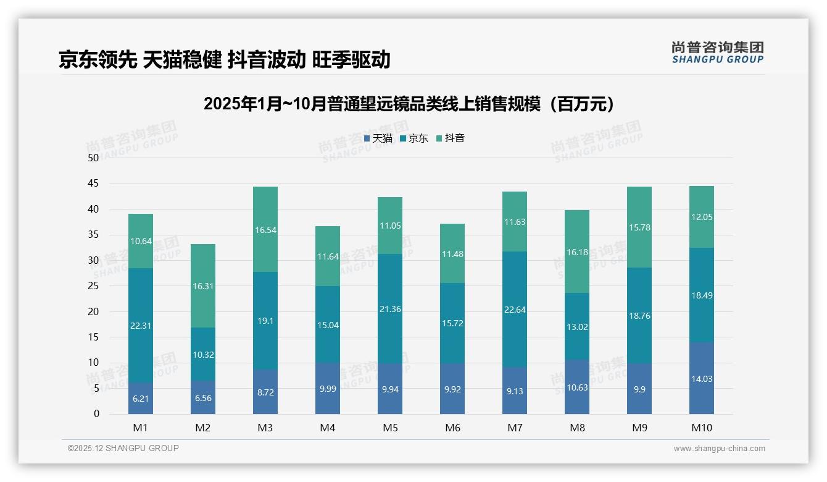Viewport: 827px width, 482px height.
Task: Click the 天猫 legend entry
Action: pos(378,138)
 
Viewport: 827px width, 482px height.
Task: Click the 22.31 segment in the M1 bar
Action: pos(141,326)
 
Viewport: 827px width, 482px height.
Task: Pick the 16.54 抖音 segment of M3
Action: pos(265,229)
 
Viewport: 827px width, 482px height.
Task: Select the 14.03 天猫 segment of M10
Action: pos(702,379)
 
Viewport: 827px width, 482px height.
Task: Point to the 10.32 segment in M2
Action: pos(203,354)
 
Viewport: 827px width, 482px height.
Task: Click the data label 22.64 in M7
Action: pos(515,310)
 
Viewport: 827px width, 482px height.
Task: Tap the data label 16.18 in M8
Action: pos(577,252)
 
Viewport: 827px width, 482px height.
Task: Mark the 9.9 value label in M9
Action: pos(639,390)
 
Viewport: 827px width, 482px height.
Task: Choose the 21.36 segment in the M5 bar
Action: pos(390,309)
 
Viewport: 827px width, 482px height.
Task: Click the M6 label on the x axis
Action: pos(452,428)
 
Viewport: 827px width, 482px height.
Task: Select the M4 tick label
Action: pos(328,428)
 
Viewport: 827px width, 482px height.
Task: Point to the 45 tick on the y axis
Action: pos(93,184)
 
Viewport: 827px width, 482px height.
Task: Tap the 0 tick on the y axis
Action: pos(96,414)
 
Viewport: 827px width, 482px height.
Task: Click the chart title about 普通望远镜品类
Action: pos(412,104)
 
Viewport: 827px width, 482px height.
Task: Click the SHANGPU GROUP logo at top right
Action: pos(717,53)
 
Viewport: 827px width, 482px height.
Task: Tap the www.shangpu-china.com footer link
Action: pos(719,449)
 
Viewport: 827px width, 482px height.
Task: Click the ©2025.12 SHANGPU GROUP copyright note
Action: pos(123,448)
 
